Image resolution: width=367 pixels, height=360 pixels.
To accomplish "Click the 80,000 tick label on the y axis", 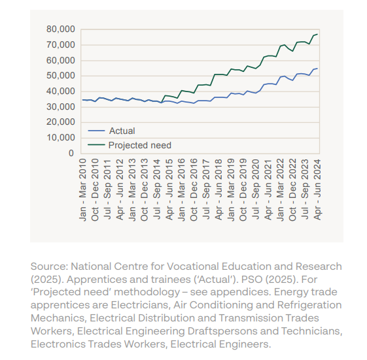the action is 61,29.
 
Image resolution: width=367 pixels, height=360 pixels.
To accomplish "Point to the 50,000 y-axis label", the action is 61,76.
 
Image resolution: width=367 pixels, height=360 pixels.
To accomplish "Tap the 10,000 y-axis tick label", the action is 61,138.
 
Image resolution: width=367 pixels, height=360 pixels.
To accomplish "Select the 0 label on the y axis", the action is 71,153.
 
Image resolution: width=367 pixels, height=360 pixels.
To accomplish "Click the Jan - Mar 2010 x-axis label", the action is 82,189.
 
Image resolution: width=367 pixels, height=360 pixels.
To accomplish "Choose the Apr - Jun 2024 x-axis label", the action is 317,189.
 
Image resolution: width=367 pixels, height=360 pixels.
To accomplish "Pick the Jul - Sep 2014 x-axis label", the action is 156,189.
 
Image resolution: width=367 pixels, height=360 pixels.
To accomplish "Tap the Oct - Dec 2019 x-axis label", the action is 243,189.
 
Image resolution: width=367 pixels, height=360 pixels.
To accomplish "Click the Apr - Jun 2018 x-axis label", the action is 218,189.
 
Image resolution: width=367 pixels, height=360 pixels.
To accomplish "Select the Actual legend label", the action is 122,131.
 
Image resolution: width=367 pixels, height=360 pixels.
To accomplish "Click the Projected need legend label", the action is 140,146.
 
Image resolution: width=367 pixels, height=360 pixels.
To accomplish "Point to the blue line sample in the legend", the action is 96,131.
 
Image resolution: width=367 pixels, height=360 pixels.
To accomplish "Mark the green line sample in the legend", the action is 96,145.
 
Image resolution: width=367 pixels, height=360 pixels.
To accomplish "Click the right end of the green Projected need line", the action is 317,34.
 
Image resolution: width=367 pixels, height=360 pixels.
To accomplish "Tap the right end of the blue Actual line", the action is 317,69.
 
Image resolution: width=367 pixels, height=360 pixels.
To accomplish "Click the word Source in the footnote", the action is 49,267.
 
